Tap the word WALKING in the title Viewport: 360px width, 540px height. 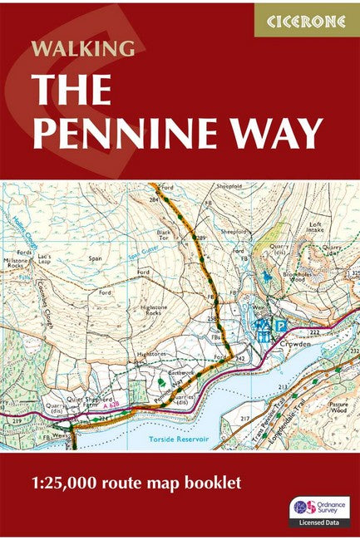click(x=81, y=48)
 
